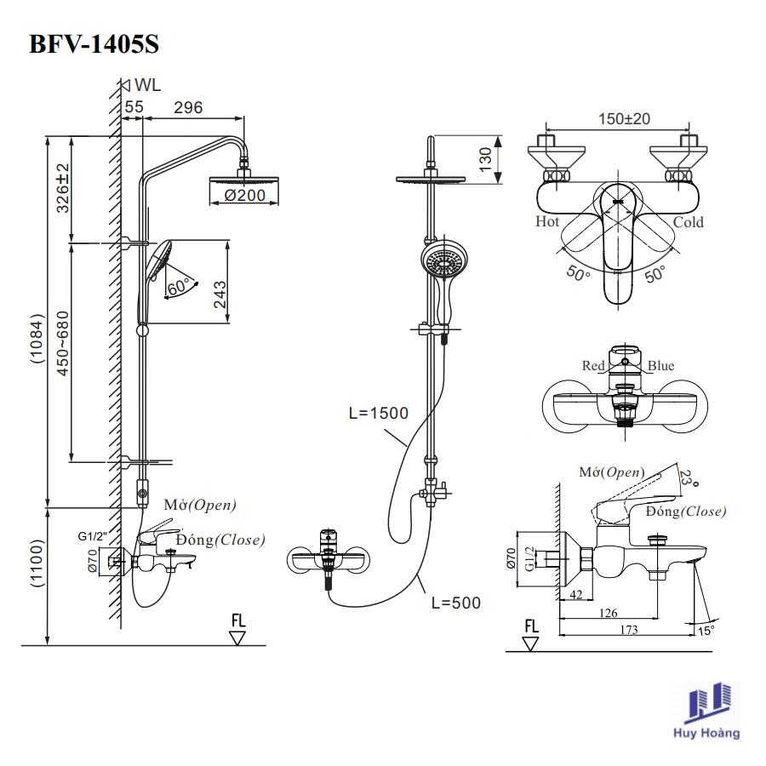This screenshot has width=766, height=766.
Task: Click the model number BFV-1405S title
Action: click(94, 43)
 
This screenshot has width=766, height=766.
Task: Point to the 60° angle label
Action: click(178, 287)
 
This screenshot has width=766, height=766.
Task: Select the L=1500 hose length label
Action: click(378, 414)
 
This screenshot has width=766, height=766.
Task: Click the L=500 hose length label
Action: click(455, 603)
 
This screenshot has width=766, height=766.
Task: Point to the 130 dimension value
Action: click(486, 157)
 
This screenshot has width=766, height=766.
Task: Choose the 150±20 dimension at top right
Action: click(624, 119)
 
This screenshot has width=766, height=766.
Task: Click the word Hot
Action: click(547, 222)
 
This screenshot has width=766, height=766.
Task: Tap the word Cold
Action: click(689, 222)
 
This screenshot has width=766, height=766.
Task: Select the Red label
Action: click(593, 366)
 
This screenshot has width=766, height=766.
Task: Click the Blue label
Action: click(660, 366)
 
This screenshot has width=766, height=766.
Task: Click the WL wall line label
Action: click(146, 84)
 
